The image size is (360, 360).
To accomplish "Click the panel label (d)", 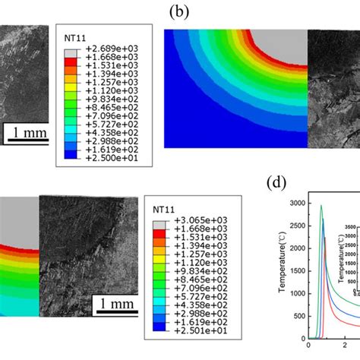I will [x=276, y=183].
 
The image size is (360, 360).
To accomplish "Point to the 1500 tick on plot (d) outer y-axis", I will [x=291, y=271].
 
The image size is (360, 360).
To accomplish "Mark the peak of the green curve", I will [x=321, y=205].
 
